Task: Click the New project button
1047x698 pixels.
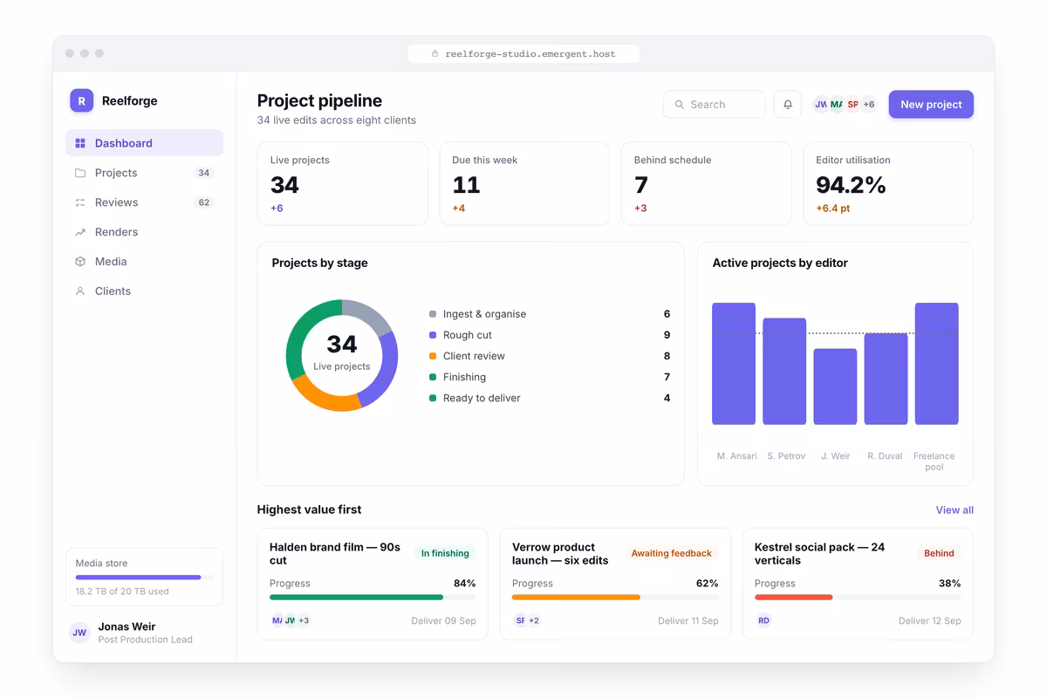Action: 931,104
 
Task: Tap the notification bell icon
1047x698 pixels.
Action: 788,104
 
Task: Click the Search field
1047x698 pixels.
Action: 714,104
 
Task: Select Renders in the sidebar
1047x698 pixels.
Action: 116,232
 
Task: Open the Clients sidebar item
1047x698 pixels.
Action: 113,291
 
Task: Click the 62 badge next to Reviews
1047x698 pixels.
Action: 204,202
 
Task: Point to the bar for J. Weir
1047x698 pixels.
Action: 835,387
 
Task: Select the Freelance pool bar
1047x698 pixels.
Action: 936,364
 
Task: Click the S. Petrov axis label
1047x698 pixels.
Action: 786,455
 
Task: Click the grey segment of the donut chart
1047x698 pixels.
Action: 368,314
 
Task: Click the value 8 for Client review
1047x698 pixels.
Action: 667,356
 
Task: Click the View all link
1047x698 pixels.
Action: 955,510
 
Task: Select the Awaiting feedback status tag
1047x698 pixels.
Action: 671,553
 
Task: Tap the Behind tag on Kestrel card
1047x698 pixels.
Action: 939,553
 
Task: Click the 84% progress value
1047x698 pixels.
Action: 464,583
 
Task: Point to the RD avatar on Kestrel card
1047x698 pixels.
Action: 763,620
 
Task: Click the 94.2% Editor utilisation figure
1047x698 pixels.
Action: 850,185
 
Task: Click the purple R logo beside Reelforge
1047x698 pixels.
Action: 81,100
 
